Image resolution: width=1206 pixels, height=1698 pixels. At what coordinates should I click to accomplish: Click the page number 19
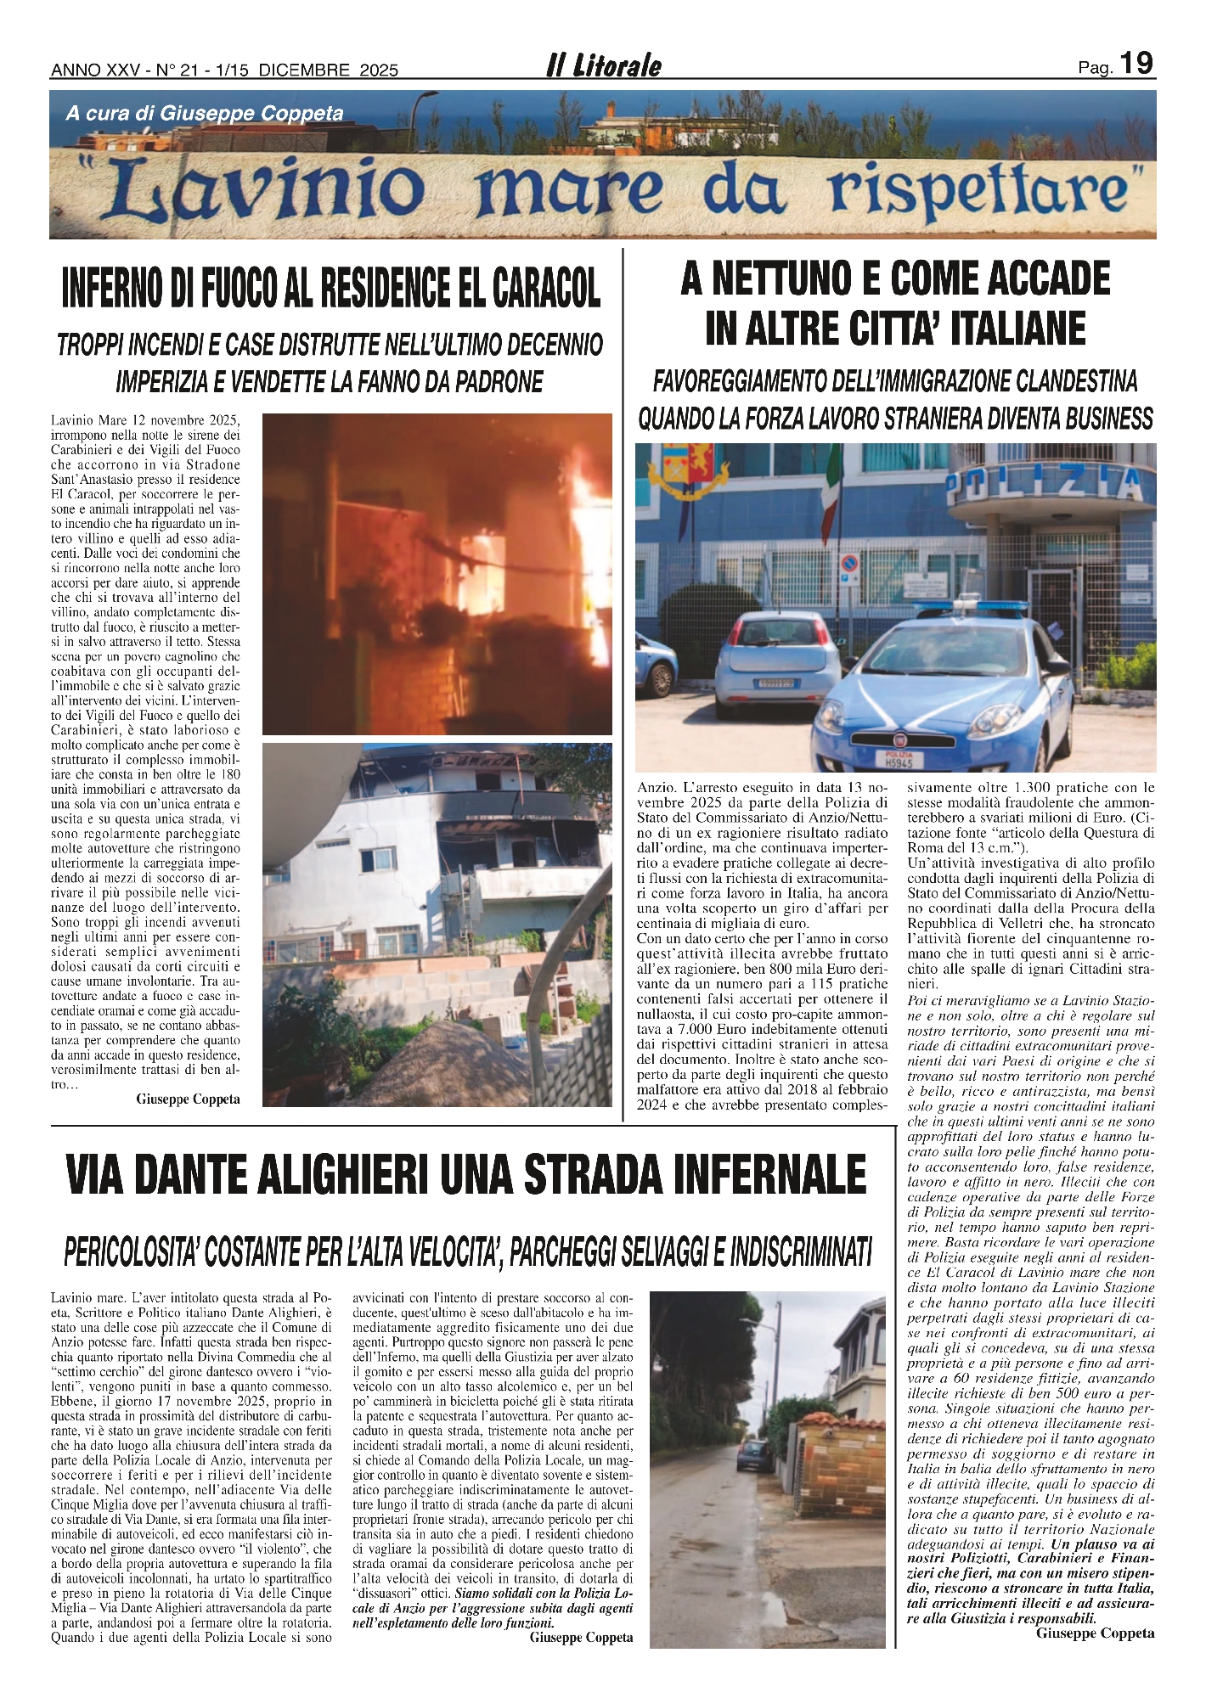(x=1136, y=64)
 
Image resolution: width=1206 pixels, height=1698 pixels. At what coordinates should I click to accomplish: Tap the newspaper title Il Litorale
(x=603, y=66)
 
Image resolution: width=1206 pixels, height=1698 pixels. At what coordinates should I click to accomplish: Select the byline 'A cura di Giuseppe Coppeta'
(x=204, y=114)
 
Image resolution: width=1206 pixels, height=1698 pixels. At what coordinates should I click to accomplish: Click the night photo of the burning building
(x=437, y=573)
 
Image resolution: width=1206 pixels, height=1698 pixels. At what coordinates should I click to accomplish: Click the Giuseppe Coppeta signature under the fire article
(x=188, y=1099)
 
